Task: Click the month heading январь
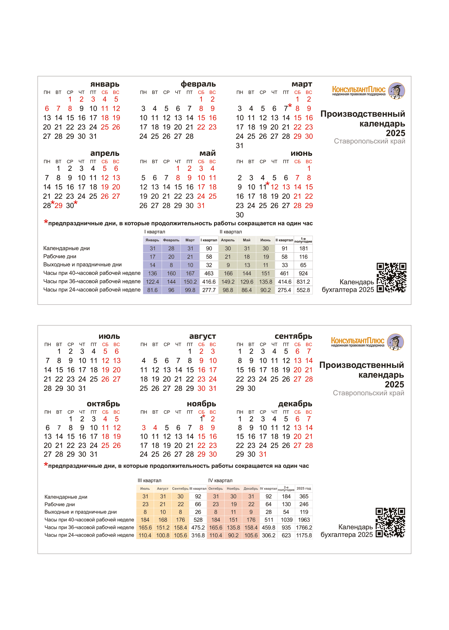click(x=105, y=84)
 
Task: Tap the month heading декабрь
click(x=295, y=404)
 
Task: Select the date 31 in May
click(x=201, y=206)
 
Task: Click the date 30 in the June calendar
click(x=240, y=215)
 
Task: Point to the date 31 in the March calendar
click(x=240, y=146)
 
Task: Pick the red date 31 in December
click(x=263, y=454)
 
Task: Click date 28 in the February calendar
click(x=189, y=136)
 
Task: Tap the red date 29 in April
click(x=58, y=206)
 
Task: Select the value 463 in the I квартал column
click(x=209, y=273)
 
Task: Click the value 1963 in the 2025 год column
click(x=304, y=520)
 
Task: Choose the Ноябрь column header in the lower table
click(x=233, y=489)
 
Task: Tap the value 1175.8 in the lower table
click(x=304, y=535)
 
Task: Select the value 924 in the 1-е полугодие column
click(x=303, y=273)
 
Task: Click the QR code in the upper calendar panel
click(x=391, y=277)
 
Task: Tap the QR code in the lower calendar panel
click(x=390, y=523)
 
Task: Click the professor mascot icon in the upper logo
click(x=397, y=91)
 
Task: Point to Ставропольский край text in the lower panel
click(x=368, y=393)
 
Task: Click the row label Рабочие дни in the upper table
click(x=60, y=257)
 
